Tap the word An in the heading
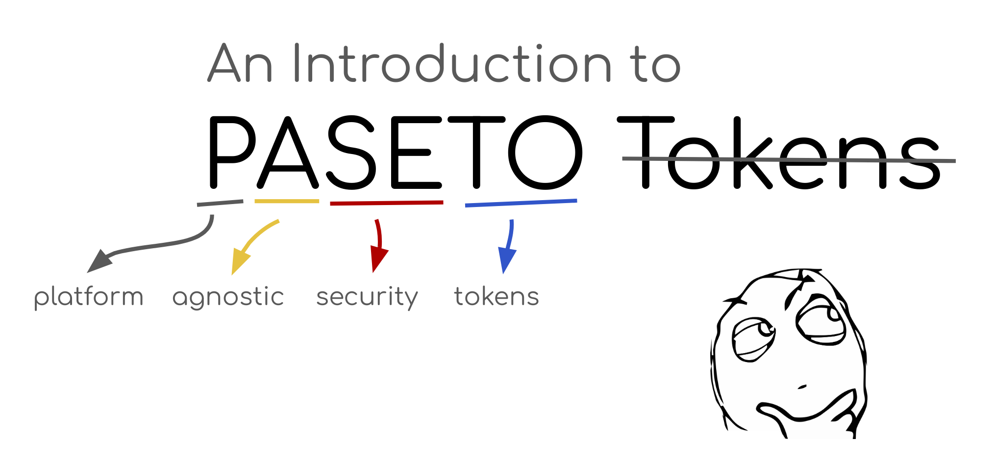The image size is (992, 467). [x=240, y=63]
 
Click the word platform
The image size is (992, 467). [x=89, y=297]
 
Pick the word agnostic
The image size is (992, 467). [x=228, y=297]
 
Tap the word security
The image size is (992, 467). [x=367, y=297]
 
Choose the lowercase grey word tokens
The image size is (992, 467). [x=496, y=296]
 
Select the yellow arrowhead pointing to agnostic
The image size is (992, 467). [x=240, y=262]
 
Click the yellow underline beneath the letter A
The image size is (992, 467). [x=287, y=201]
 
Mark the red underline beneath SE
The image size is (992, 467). [x=387, y=203]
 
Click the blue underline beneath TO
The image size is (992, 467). [x=521, y=203]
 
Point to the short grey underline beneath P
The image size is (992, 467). [x=220, y=203]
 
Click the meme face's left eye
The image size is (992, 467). [x=754, y=339]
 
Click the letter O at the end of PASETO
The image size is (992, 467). [x=546, y=153]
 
